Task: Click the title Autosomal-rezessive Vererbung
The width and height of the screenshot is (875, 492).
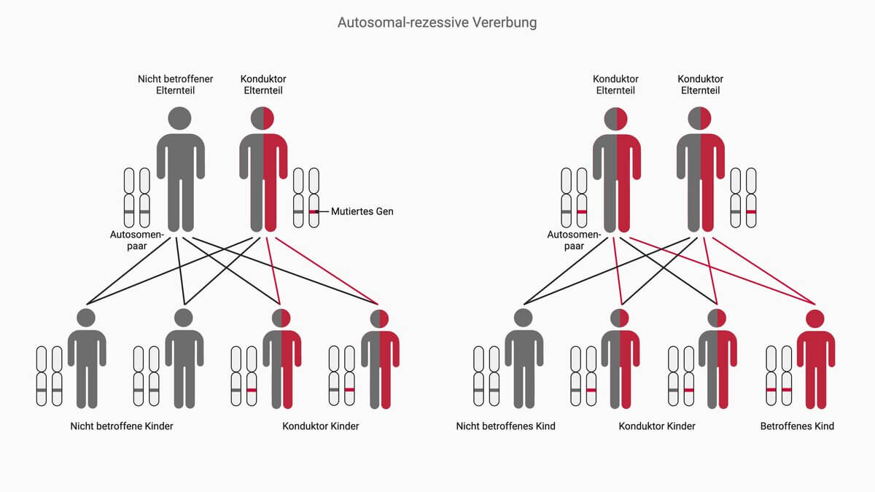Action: tap(437, 23)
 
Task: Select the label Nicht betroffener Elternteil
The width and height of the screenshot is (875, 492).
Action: tap(175, 85)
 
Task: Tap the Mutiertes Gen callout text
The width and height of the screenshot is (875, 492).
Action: tap(362, 211)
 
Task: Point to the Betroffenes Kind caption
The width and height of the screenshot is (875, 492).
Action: tap(797, 426)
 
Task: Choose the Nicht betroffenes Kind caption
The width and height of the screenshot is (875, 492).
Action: tap(505, 426)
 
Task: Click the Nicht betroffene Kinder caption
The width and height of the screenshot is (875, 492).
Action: tap(122, 426)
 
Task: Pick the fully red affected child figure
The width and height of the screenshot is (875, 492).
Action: tap(815, 361)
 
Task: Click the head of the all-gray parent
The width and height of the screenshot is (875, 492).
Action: tap(179, 118)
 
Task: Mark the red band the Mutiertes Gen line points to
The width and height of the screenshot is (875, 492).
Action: tap(314, 212)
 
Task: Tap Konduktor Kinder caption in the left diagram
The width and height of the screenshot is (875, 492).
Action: tap(321, 426)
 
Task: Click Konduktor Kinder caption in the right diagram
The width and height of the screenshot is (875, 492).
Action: tap(657, 426)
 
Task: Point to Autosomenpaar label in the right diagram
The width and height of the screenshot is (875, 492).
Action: tap(574, 241)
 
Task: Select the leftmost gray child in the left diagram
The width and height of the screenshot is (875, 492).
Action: tap(86, 361)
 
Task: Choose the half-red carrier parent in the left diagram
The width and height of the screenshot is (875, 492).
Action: tap(263, 171)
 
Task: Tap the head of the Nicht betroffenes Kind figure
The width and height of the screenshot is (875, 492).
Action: tap(523, 318)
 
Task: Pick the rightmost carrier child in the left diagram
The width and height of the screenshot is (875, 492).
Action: tap(379, 361)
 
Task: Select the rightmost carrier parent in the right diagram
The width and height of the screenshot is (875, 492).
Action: tap(701, 171)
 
